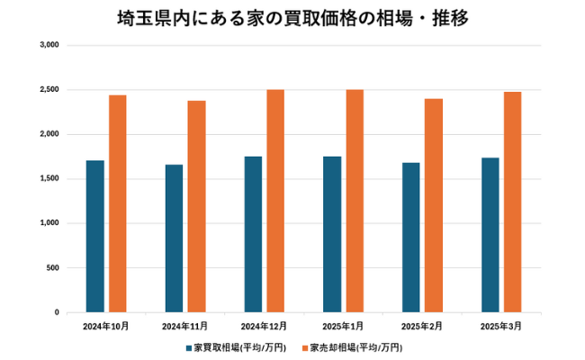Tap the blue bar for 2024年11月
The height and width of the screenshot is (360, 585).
[x=174, y=238]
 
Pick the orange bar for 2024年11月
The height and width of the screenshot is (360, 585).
[x=197, y=207]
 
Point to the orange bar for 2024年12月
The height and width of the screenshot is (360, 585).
[x=276, y=202]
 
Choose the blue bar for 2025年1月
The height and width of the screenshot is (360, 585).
[x=332, y=235]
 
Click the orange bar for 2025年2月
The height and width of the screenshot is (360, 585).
[x=434, y=206]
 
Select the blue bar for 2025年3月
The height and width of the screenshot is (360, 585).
[x=490, y=235]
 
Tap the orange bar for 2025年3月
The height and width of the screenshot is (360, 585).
[x=513, y=202]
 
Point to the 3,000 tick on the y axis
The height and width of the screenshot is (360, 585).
[x=49, y=45]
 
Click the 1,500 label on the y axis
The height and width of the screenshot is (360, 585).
[x=49, y=179]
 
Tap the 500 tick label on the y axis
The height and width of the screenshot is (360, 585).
[x=53, y=268]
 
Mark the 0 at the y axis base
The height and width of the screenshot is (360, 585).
[x=57, y=312]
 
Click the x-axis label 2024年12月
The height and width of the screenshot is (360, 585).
[x=265, y=325]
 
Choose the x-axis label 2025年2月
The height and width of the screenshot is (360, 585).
[x=422, y=325]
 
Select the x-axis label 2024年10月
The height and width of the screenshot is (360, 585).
[x=106, y=325]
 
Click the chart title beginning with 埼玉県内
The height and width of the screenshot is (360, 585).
[x=292, y=18]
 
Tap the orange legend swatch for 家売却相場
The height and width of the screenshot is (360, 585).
[x=305, y=346]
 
